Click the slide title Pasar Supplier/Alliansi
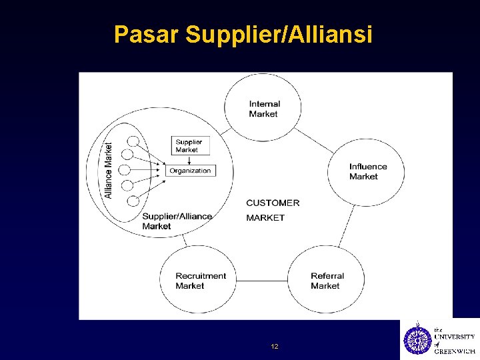(243, 35)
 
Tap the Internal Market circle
(263, 108)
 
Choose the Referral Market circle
(327, 280)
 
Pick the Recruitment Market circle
(198, 280)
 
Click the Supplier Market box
(189, 145)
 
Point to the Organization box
(190, 171)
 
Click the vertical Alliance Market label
(109, 170)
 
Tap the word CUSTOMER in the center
(273, 203)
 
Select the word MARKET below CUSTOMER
(265, 217)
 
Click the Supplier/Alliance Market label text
(177, 221)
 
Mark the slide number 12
(275, 347)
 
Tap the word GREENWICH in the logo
(455, 351)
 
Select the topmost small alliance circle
(133, 141)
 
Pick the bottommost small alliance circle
(133, 200)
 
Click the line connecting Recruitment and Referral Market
(262, 280)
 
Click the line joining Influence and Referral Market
(347, 225)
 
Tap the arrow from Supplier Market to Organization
(189, 160)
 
